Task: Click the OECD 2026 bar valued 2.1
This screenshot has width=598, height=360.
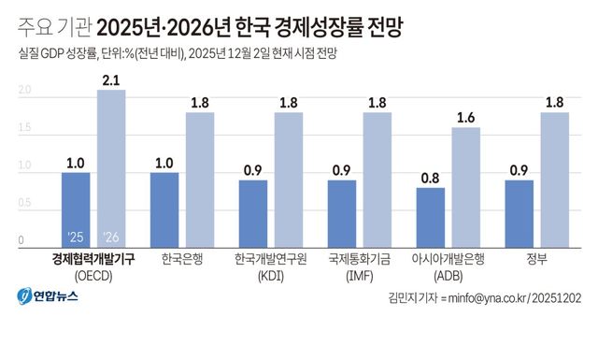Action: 110,168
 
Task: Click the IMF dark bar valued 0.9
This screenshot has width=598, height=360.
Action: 341,213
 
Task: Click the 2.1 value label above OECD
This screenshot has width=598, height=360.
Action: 110,81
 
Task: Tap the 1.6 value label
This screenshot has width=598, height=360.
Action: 465,119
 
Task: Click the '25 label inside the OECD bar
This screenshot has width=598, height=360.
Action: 75,236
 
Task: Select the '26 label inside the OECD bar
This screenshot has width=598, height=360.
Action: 110,236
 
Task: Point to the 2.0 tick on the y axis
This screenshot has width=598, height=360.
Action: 25,91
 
